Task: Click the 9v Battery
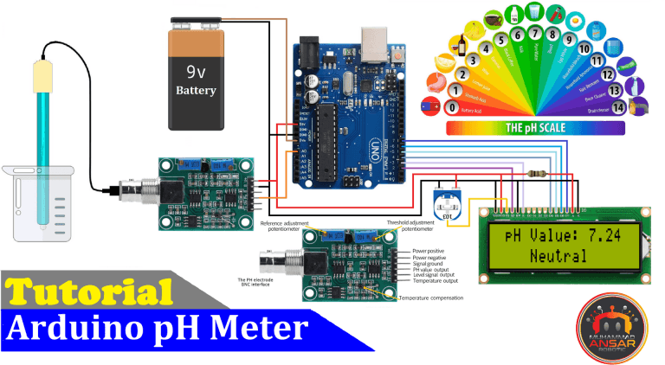click(197, 78)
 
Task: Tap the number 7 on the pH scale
click(519, 35)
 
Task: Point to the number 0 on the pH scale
click(450, 108)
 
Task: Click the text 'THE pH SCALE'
click(535, 128)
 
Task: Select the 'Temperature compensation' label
click(430, 298)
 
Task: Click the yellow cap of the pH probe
click(41, 75)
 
